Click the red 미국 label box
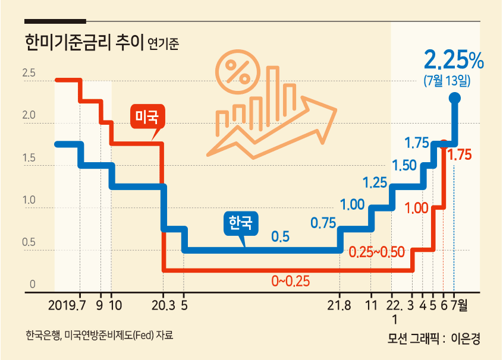[147, 116]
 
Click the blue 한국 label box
[241, 223]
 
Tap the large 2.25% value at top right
[454, 60]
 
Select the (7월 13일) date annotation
[447, 80]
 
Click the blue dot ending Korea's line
[455, 98]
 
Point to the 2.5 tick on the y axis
[29, 73]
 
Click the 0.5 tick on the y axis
[29, 242]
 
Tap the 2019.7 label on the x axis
[67, 305]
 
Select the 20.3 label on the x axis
[164, 305]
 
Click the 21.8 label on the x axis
[339, 305]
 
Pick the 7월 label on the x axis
[459, 305]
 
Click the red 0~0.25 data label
[291, 281]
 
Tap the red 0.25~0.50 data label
[377, 252]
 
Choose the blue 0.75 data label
[323, 223]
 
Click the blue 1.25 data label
[375, 183]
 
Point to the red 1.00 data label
[417, 209]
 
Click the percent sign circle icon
[238, 72]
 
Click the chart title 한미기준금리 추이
[84, 42]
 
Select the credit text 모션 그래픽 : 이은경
[433, 338]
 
